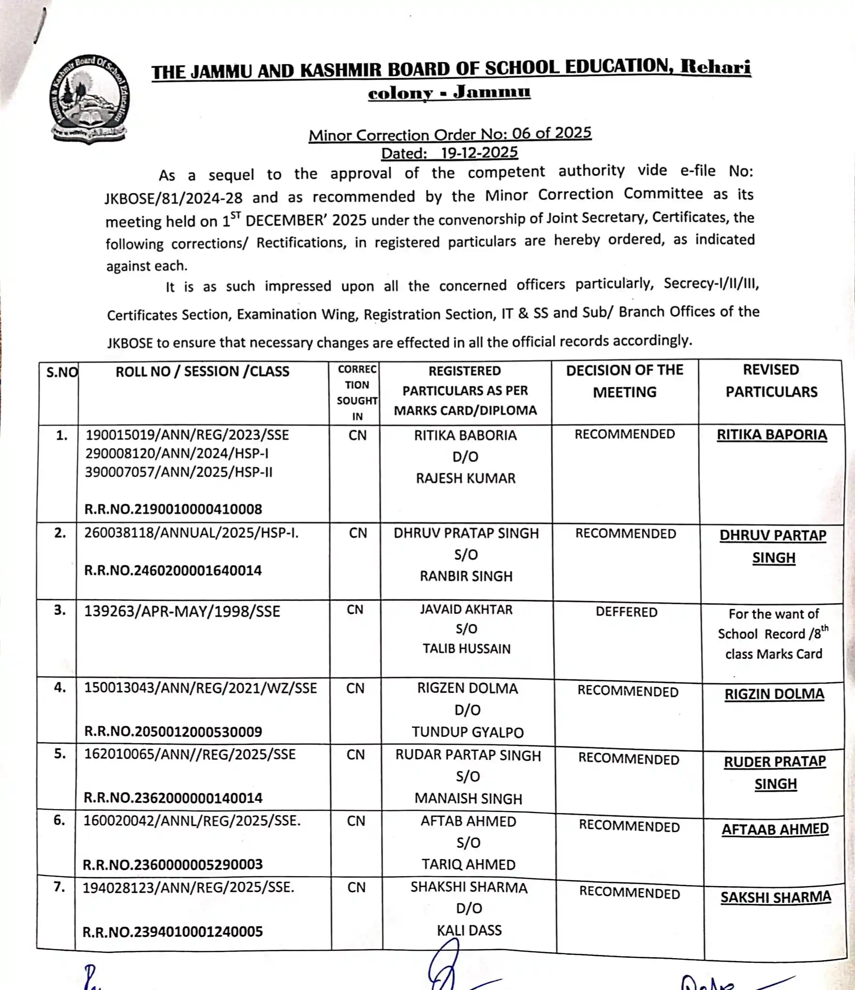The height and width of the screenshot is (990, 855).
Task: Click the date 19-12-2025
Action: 479,153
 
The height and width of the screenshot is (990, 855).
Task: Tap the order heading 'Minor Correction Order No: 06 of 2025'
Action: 450,134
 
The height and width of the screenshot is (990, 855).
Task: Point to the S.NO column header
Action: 62,372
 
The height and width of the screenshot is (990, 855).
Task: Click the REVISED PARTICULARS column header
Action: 771,380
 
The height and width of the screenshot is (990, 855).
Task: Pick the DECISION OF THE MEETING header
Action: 625,381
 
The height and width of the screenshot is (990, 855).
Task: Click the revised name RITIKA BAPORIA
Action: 771,435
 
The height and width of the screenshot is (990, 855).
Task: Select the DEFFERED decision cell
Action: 627,612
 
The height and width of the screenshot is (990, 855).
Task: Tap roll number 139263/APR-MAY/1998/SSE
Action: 182,611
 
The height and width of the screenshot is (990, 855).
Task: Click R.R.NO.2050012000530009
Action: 173,732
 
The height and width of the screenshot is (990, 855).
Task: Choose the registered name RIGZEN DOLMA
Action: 467,688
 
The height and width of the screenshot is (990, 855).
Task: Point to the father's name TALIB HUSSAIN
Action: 466,648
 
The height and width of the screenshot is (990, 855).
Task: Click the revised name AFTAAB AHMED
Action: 774,829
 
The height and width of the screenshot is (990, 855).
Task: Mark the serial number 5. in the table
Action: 60,754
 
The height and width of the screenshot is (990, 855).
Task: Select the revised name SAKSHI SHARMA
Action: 775,897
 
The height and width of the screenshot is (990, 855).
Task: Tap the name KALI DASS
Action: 469,930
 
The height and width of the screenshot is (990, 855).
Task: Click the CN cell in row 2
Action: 358,533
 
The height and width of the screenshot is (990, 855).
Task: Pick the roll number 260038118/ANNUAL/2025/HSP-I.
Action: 192,533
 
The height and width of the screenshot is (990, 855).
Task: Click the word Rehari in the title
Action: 715,66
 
